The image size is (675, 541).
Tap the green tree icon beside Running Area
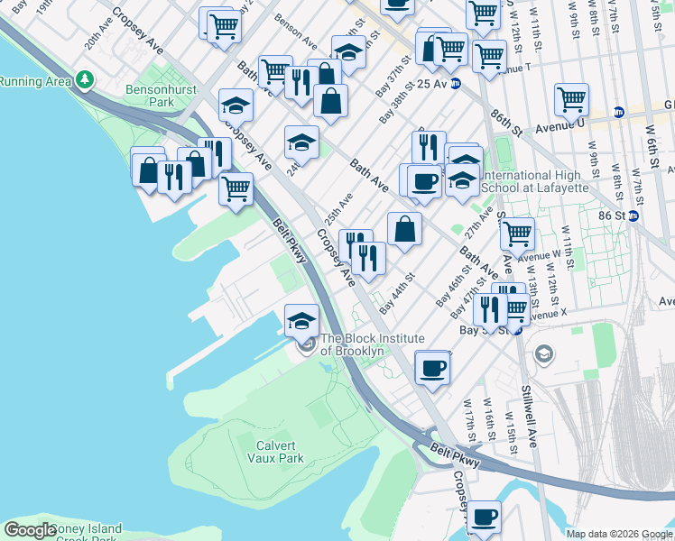[x=85, y=81]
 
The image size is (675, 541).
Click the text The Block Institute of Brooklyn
[x=352, y=344]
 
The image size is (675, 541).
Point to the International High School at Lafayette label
[x=535, y=181]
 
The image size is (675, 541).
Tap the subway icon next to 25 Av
[x=456, y=84]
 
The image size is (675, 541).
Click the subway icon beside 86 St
[x=633, y=216]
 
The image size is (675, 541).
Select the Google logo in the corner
[x=30, y=530]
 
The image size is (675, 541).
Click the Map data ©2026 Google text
[x=619, y=534]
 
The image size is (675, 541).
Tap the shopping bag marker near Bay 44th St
[x=405, y=228]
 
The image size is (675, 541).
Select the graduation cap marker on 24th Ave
[x=302, y=142]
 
